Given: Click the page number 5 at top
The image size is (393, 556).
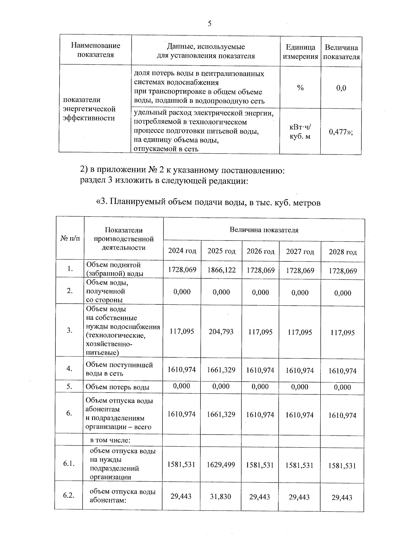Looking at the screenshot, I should coord(210,23).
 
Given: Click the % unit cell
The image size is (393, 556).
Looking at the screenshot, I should coord(300,88).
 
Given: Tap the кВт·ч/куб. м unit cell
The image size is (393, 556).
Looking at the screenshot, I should coord(300,132).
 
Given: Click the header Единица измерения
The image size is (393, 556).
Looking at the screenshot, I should coord(300,52).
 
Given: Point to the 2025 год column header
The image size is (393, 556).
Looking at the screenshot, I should coord(221,251).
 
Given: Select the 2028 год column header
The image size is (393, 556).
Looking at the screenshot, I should coord(343,252).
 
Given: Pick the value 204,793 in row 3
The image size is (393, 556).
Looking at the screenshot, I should coord(221,332).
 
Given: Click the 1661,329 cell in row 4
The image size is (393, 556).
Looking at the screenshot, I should coord(221,370).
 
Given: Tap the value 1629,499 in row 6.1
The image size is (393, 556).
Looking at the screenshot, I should coord(221,465).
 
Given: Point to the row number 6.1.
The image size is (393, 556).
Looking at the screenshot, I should coord(69,464).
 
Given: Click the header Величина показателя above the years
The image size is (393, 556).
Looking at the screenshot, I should coord(264,230).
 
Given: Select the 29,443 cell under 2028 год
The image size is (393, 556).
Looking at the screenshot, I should coord(342,498).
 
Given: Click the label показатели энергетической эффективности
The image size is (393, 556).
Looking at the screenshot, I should coord(89,109).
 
